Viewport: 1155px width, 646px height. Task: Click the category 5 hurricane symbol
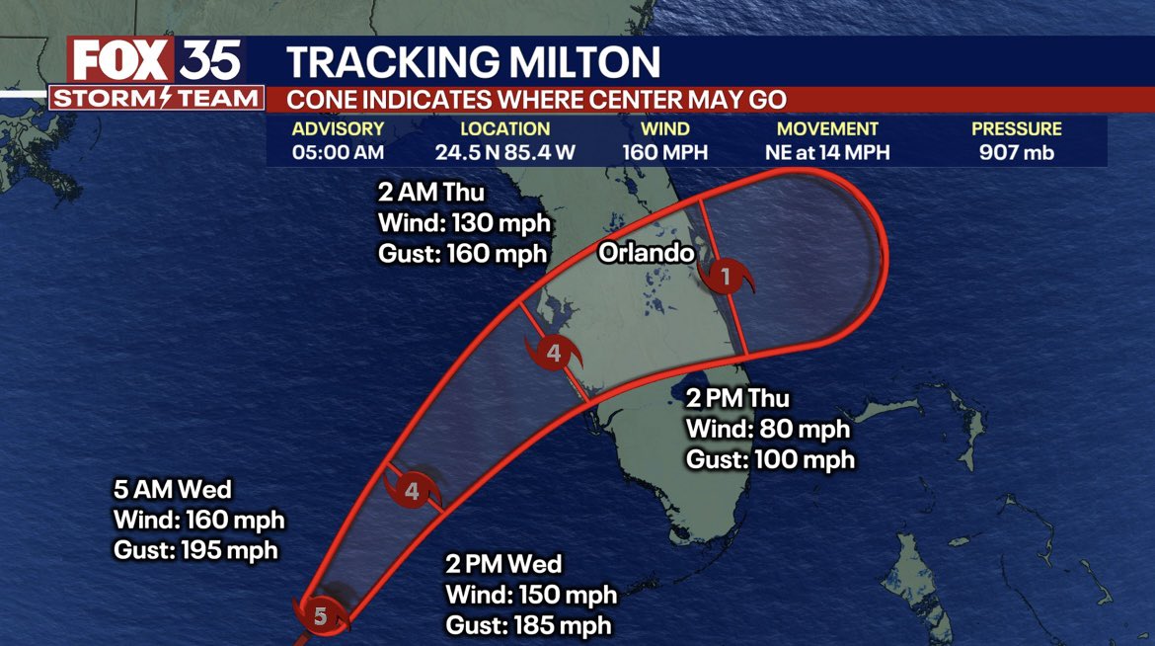(321, 617)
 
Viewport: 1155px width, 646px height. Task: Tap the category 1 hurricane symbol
(726, 277)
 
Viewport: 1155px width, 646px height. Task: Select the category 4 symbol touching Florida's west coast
(554, 353)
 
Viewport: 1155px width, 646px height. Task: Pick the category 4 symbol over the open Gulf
(413, 490)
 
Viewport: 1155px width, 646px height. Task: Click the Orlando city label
(647, 253)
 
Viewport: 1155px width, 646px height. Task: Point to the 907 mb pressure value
(1016, 152)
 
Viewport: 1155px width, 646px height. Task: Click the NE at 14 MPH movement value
(827, 152)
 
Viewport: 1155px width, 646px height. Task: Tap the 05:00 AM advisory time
(338, 152)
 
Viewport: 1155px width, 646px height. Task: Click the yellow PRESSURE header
(1016, 128)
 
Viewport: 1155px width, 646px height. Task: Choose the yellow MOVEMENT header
(827, 128)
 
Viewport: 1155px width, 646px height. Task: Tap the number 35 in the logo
(209, 60)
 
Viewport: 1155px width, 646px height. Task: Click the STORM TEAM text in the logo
(157, 99)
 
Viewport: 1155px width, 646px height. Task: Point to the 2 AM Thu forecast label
(432, 191)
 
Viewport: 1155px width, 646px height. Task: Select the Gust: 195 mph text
(195, 550)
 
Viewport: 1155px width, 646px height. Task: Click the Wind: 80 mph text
(768, 430)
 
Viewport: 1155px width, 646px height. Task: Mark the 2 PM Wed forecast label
(503, 565)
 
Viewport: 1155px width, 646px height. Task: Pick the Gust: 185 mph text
(528, 625)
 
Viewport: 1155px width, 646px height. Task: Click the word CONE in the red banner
(320, 99)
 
